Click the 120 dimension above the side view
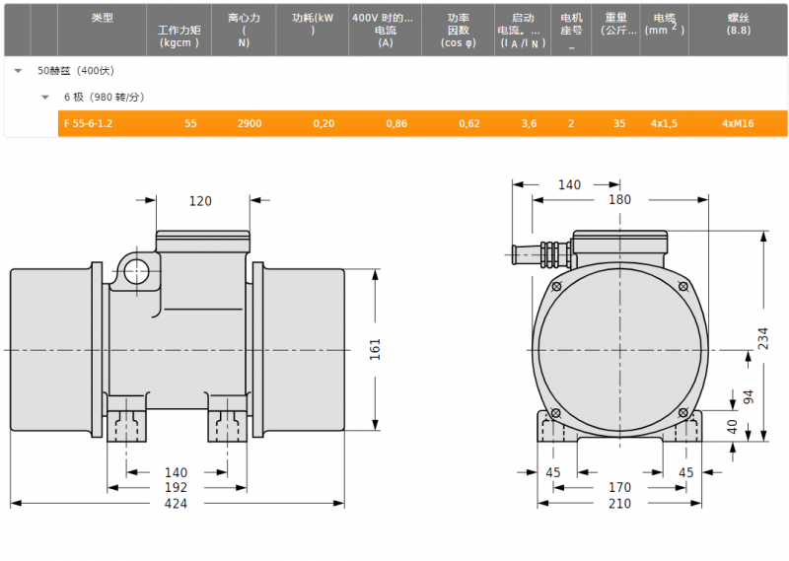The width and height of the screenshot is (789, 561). pos(200,201)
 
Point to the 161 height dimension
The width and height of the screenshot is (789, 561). pos(376,349)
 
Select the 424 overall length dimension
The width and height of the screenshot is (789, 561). pos(176,503)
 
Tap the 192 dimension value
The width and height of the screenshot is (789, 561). pos(176,487)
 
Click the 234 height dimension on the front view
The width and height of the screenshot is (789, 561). pos(763,338)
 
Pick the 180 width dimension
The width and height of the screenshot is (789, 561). pos(619,200)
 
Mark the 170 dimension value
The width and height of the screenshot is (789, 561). pos(619,487)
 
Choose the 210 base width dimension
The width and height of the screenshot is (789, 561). pos(619,503)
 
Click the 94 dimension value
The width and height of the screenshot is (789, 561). pos(749,396)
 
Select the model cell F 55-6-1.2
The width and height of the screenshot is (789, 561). pos(88,124)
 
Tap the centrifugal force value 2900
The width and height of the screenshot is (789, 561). pos(250,124)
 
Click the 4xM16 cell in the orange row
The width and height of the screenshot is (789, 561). pos(738,124)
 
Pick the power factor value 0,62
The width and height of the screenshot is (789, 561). pos(469,124)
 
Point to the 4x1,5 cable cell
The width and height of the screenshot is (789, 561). pos(664,124)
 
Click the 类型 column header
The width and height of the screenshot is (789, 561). pos(103,18)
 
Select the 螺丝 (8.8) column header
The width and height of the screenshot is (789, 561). pos(738,24)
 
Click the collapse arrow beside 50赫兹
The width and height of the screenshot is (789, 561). pos(18,71)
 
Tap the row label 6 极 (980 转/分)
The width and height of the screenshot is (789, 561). pos(105,97)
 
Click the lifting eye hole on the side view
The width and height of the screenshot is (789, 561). pos(136,272)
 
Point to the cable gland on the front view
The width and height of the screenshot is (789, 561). pos(541,254)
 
